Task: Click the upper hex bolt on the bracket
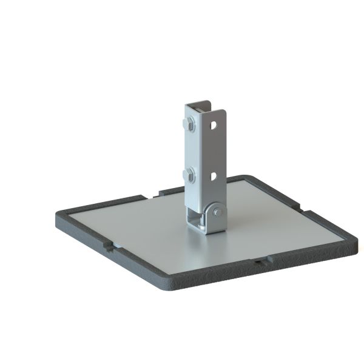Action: point(188,127)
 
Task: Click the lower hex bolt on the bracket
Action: point(188,177)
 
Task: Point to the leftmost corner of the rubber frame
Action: point(58,215)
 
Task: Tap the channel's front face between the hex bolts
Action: point(193,152)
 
